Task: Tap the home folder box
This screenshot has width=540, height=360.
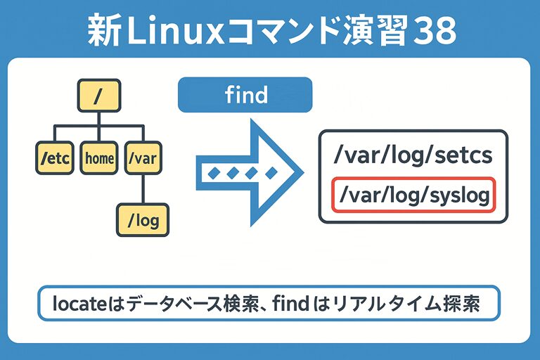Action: pyautogui.click(x=99, y=158)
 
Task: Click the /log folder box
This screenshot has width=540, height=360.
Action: pyautogui.click(x=143, y=221)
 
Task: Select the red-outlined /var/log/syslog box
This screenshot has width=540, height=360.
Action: pyautogui.click(x=414, y=195)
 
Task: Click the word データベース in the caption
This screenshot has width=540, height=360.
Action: pyautogui.click(x=157, y=304)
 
